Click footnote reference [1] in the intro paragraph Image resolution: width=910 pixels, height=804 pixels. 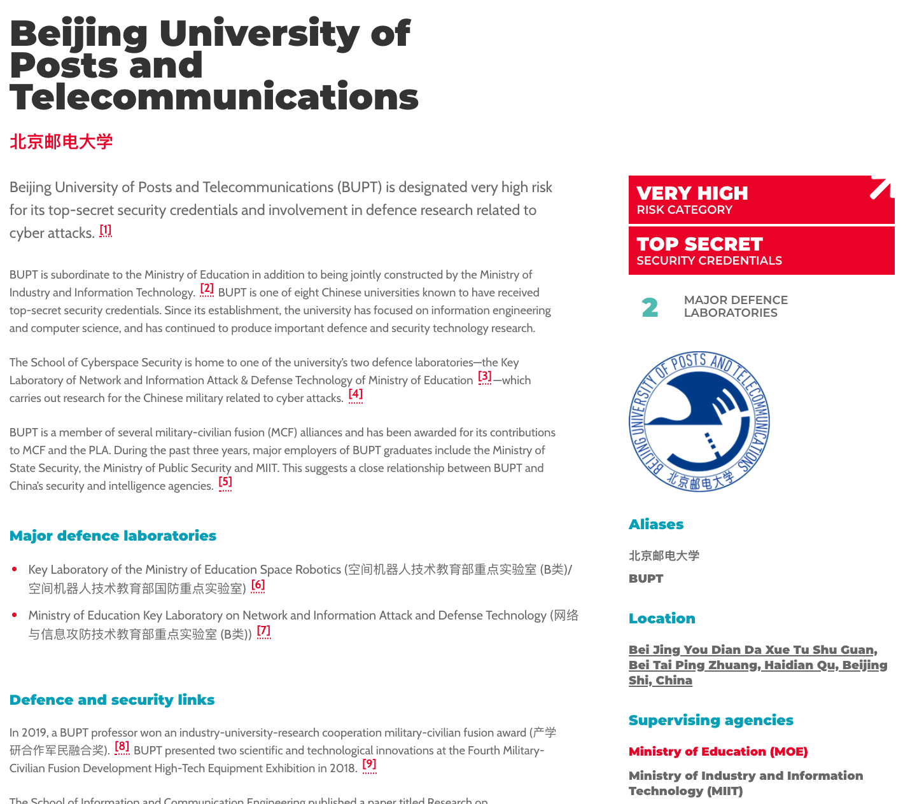click(x=106, y=230)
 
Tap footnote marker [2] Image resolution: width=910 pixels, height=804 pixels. click(x=207, y=289)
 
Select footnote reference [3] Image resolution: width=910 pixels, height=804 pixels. click(x=485, y=377)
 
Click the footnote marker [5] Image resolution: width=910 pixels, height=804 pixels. click(x=225, y=483)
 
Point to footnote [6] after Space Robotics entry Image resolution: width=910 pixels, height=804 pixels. click(x=258, y=586)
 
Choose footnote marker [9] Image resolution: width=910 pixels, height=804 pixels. click(x=369, y=765)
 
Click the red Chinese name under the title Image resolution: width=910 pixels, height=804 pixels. click(x=61, y=141)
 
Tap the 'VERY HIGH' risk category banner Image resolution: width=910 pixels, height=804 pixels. click(x=761, y=200)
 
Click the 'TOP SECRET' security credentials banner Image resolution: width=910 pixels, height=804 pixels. click(x=761, y=251)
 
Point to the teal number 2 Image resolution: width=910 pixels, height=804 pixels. click(x=650, y=308)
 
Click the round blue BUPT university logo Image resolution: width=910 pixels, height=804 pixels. click(x=699, y=421)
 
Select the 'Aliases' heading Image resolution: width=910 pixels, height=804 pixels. click(x=656, y=524)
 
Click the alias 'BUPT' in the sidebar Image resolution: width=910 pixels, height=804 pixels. click(x=646, y=578)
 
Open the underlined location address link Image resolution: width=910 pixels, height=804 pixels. click(x=757, y=665)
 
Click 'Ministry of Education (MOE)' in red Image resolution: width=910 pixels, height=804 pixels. click(x=718, y=751)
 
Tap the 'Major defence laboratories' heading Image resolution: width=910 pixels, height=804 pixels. click(x=113, y=536)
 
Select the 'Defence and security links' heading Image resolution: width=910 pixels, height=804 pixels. click(x=112, y=700)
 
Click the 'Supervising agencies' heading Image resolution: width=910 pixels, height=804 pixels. click(x=711, y=720)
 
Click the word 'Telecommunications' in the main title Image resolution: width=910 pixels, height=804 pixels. click(x=214, y=97)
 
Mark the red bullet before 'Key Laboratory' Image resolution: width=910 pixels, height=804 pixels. click(x=15, y=569)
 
